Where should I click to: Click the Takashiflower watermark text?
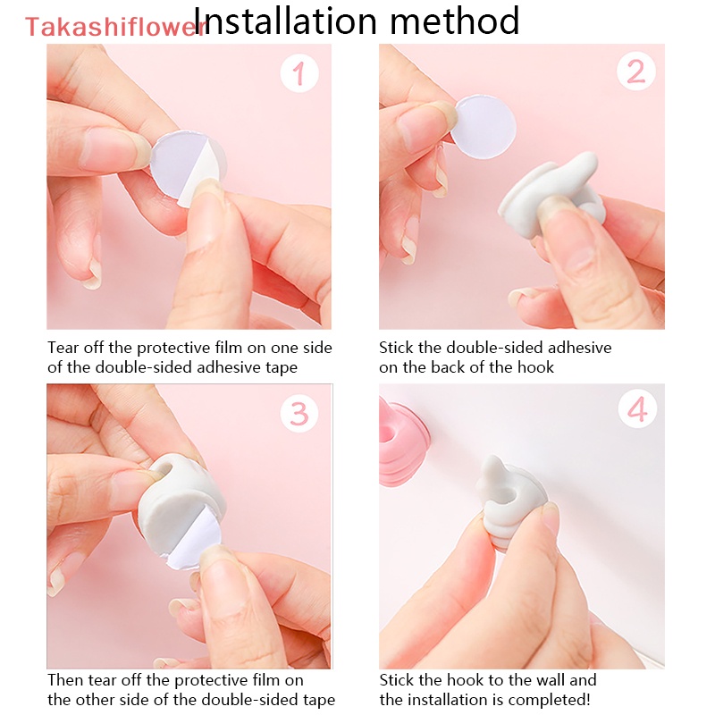pos(114,27)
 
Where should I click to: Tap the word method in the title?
pos(463,21)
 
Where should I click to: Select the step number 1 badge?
pos(299,72)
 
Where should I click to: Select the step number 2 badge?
pos(635,72)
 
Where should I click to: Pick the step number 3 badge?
pos(299,413)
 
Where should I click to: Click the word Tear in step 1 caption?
pos(63,348)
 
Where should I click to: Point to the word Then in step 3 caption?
pos(65,681)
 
